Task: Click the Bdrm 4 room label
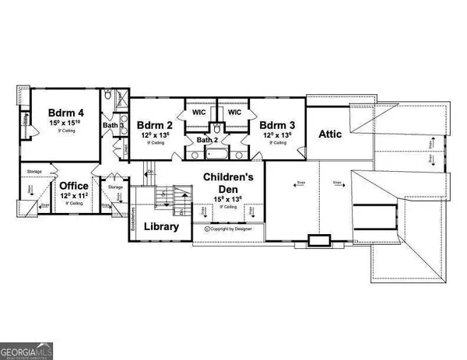pyautogui.click(x=66, y=110)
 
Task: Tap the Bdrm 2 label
pyautogui.click(x=154, y=124)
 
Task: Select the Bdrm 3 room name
pyautogui.click(x=276, y=124)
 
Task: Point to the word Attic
pyautogui.click(x=332, y=133)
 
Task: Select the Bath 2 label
pyautogui.click(x=207, y=140)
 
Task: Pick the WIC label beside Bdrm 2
pyautogui.click(x=197, y=112)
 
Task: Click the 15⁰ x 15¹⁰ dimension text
pyautogui.click(x=66, y=124)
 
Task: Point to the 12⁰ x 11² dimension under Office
pyautogui.click(x=75, y=197)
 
